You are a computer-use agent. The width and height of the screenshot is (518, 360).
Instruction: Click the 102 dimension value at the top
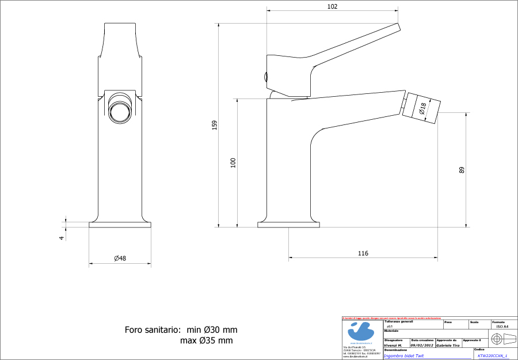[x=332, y=6]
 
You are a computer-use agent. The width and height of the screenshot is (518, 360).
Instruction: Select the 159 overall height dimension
[x=214, y=124]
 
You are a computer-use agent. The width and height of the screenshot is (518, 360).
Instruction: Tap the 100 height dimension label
[x=233, y=162]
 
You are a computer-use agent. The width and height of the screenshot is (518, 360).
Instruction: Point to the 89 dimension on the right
[x=462, y=170]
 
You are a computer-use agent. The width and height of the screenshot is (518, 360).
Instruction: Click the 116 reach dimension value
[x=363, y=253]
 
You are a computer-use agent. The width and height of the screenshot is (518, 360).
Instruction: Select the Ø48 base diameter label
[x=120, y=259]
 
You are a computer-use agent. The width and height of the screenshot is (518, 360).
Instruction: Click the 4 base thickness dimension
[x=61, y=237]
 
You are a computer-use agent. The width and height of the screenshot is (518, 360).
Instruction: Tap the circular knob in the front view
[x=120, y=109]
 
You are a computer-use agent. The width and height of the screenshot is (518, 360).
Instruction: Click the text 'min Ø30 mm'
[x=212, y=330]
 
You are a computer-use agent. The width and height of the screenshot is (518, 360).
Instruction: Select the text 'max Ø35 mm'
[x=207, y=340]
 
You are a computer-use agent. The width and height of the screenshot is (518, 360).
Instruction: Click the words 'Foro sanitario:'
[x=153, y=330]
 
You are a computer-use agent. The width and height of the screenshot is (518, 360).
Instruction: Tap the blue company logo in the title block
[x=361, y=331]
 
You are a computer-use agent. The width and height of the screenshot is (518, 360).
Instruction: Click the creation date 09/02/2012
[x=421, y=345]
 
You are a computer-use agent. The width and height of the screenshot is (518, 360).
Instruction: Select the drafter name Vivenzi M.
[x=393, y=345]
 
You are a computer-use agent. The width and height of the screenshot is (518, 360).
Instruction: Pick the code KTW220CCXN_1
[x=492, y=356]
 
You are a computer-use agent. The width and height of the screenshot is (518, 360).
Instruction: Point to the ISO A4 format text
[x=502, y=326]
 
